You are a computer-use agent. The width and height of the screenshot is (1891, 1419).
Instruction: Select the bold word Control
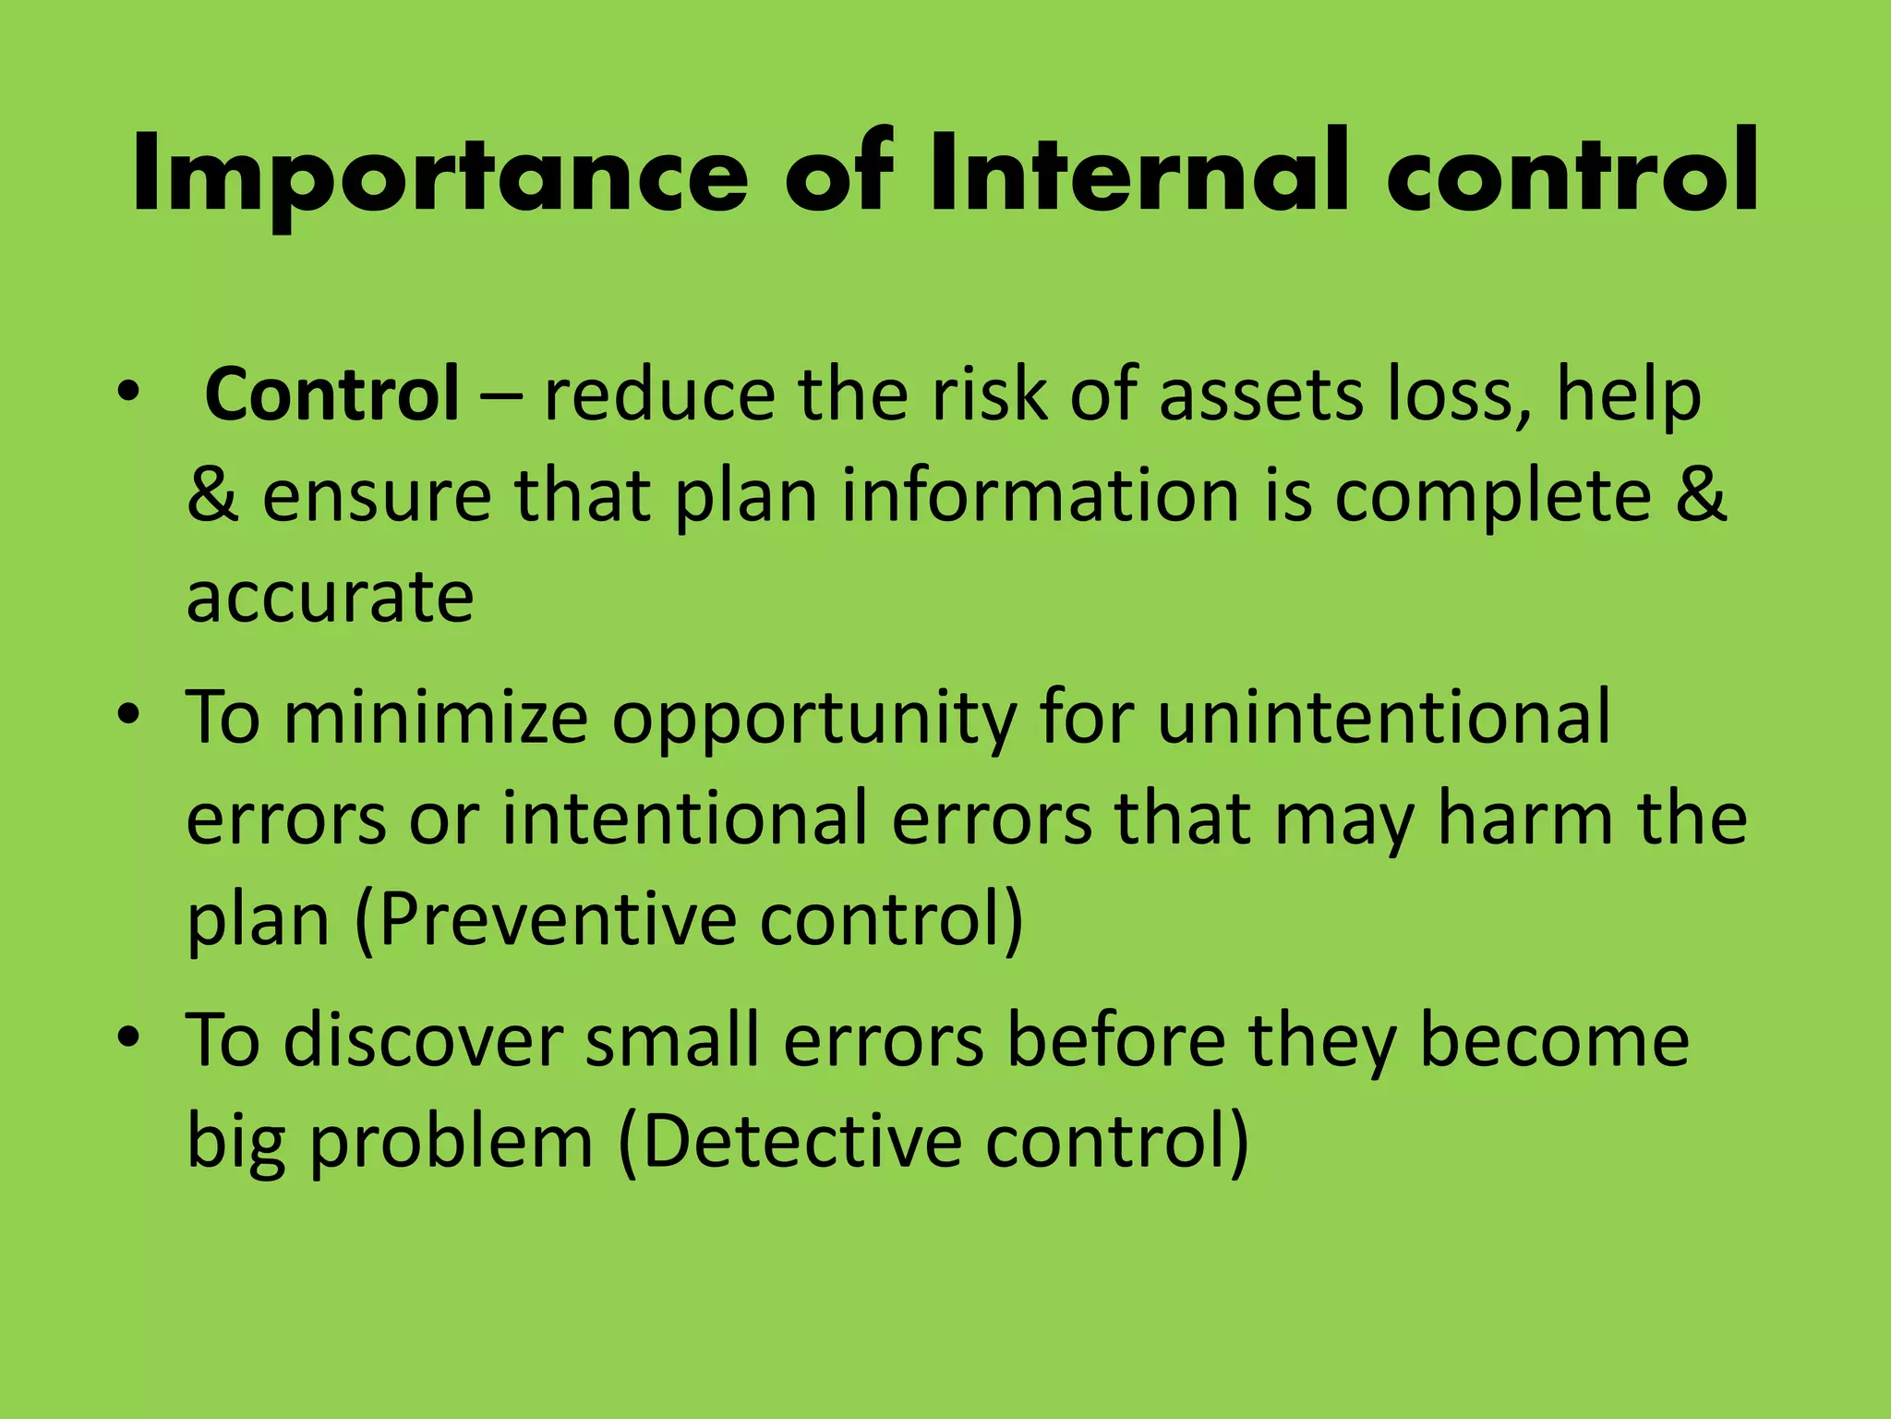tap(331, 394)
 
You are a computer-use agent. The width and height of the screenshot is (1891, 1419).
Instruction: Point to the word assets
tap(1261, 394)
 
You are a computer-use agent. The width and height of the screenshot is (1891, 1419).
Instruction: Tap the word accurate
tap(330, 597)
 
